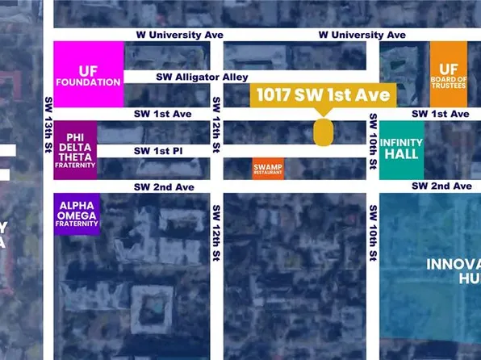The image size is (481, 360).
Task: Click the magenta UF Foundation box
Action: [x=89, y=74]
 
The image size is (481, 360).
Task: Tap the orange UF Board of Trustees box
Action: [x=448, y=74]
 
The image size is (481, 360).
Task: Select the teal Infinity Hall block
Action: [x=401, y=150]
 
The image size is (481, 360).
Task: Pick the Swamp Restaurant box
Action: [x=268, y=168]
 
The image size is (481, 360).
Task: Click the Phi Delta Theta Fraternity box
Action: [x=76, y=150]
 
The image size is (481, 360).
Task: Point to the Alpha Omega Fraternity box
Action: [x=77, y=214]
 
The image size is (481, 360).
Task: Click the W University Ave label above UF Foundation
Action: [x=180, y=36]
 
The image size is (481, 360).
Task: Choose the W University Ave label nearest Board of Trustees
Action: [x=362, y=36]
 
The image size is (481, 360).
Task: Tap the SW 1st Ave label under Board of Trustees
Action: [x=439, y=114]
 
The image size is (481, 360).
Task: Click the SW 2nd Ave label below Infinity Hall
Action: [x=441, y=186]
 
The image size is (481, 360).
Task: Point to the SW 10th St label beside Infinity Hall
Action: [x=373, y=142]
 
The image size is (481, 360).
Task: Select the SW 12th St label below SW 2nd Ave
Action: [x=216, y=232]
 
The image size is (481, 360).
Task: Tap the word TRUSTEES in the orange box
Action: [x=448, y=84]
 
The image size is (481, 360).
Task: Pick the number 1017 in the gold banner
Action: [x=276, y=94]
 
